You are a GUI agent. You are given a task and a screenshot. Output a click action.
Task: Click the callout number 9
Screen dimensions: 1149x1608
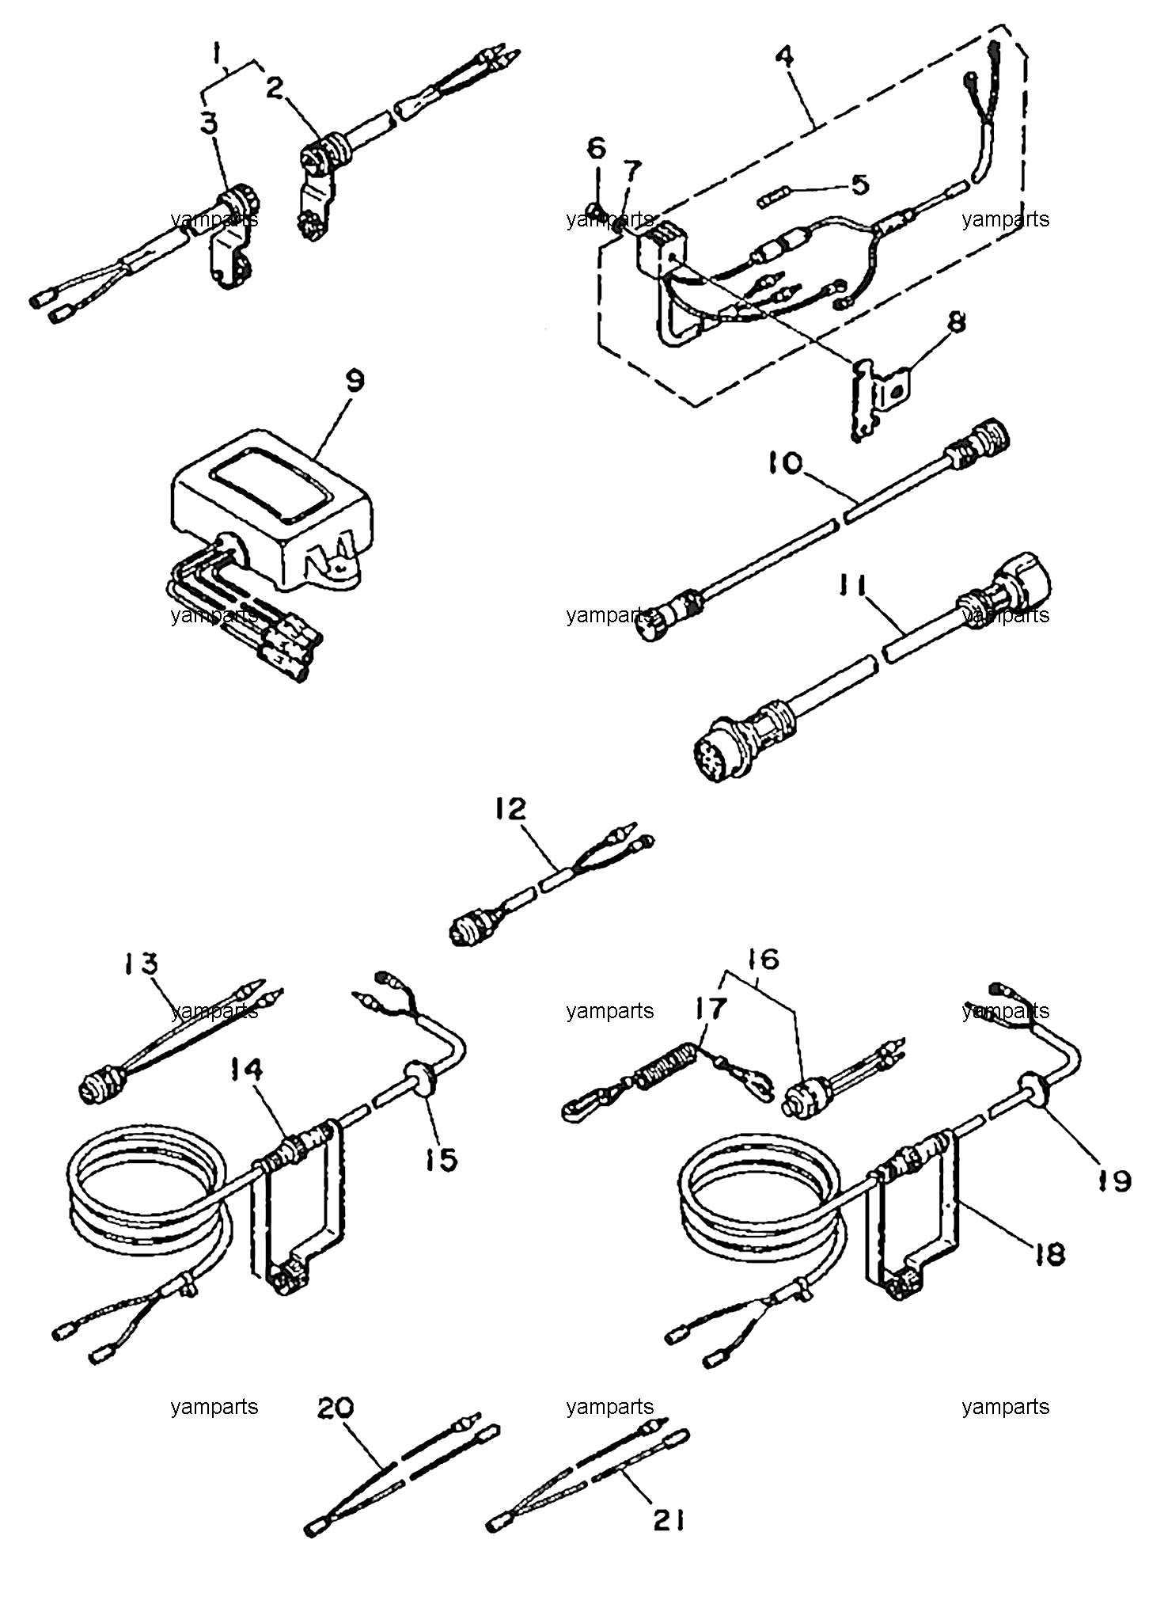[x=355, y=382]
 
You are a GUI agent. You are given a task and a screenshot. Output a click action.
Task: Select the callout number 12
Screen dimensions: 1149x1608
[x=510, y=810]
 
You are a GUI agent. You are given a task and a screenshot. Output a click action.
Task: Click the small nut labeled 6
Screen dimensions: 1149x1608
[x=597, y=211]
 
